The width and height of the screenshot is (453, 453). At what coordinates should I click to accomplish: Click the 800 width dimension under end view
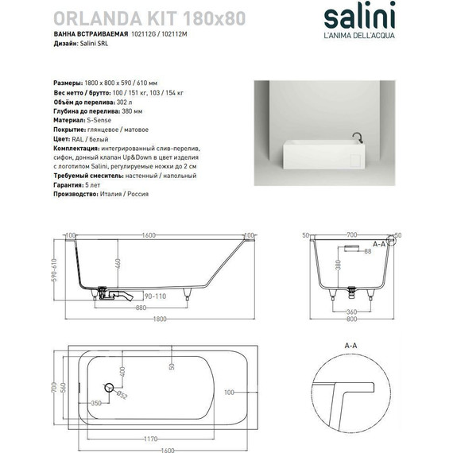[x=350, y=319]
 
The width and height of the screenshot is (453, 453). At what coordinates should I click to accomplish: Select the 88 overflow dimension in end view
[x=367, y=251]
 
